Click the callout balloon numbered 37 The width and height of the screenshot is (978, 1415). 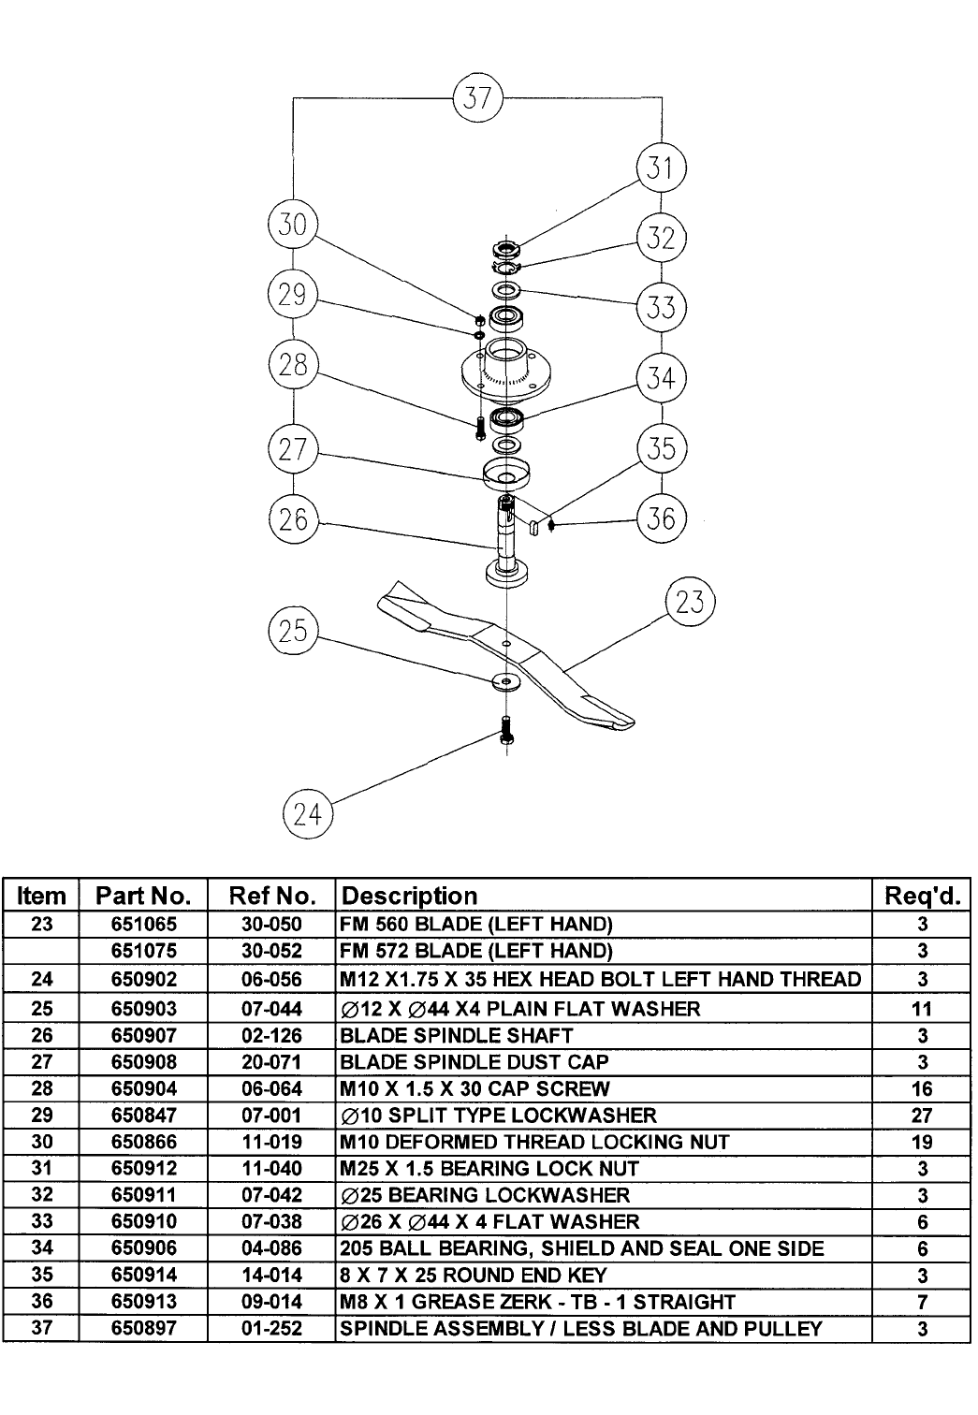pyautogui.click(x=477, y=97)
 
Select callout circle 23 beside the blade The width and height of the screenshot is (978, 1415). pyautogui.click(x=690, y=602)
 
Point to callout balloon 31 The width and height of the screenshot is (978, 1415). pyautogui.click(x=661, y=168)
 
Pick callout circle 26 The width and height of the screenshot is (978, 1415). pyautogui.click(x=293, y=518)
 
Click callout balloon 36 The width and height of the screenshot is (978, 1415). pyautogui.click(x=661, y=518)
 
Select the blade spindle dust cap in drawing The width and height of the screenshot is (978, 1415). pyautogui.click(x=506, y=474)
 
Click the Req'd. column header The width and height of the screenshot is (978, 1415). pyautogui.click(x=922, y=896)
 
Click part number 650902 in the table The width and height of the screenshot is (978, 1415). pyautogui.click(x=144, y=979)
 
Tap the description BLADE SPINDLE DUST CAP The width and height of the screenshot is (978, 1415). pyautogui.click(x=474, y=1062)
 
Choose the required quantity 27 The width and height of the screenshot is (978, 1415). pyautogui.click(x=922, y=1116)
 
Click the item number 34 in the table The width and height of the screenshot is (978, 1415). pyautogui.click(x=41, y=1248)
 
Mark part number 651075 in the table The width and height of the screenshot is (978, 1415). pyautogui.click(x=144, y=951)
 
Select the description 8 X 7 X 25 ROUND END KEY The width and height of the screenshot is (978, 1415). pyautogui.click(x=474, y=1275)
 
